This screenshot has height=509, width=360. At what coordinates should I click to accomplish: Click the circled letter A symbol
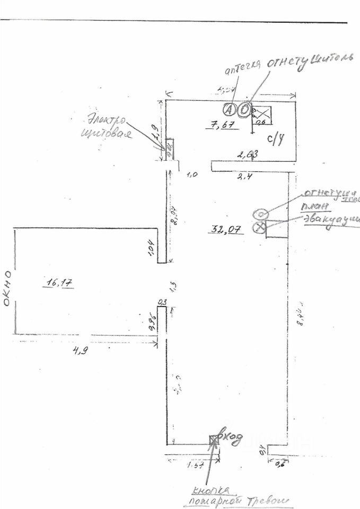pyautogui.click(x=230, y=109)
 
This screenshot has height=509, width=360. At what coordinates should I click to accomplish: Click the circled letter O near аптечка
pyautogui.click(x=244, y=110)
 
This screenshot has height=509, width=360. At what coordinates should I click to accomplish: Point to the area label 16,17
pyautogui.click(x=59, y=283)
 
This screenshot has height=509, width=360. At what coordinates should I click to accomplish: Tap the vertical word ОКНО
pyautogui.click(x=8, y=289)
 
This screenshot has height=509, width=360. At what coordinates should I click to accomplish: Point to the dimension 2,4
pyautogui.click(x=245, y=177)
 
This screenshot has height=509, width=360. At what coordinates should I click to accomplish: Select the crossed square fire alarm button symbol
pyautogui.click(x=214, y=440)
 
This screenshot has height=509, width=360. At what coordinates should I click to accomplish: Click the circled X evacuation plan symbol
pyautogui.click(x=260, y=227)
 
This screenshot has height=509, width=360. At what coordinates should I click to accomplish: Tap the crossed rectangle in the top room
pyautogui.click(x=260, y=112)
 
